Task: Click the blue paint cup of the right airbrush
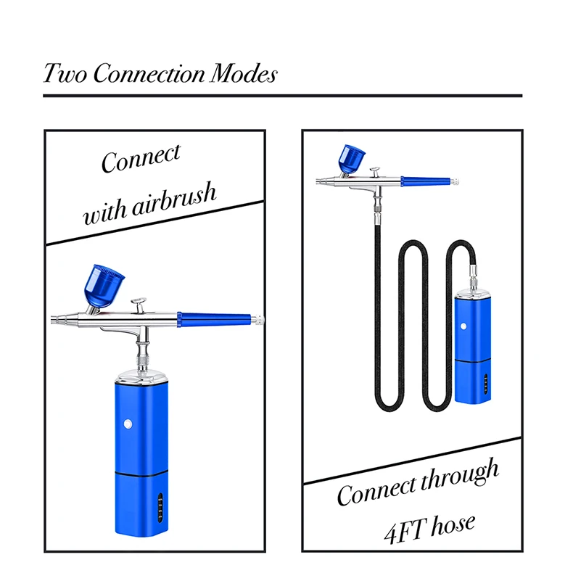click(353, 157)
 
